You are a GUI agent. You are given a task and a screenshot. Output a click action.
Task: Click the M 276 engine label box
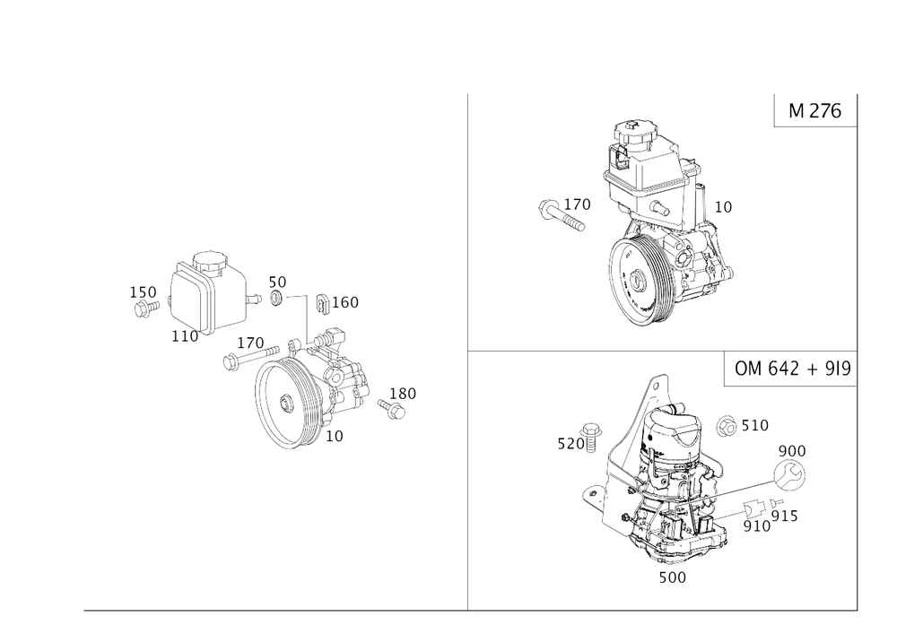[x=814, y=111]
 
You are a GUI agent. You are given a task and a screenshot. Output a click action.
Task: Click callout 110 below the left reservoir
[x=186, y=336]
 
